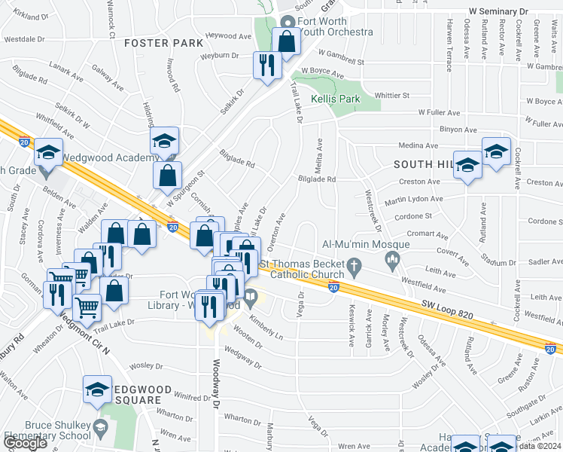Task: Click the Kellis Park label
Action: [x=337, y=99]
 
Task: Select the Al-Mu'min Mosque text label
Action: [x=366, y=244]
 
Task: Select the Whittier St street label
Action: [x=392, y=96]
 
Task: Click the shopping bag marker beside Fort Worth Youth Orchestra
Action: [x=286, y=42]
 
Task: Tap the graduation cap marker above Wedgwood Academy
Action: [x=163, y=140]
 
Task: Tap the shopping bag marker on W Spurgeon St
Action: [x=167, y=176]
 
